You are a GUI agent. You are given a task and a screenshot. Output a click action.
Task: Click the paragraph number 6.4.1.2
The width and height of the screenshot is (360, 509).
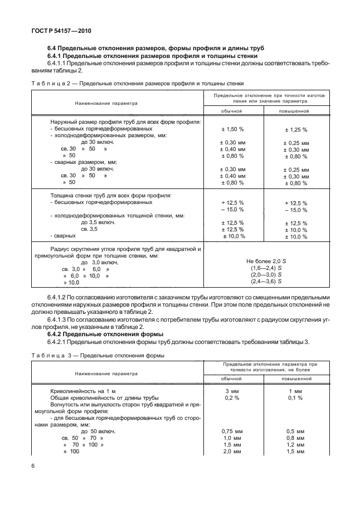[x=60, y=297]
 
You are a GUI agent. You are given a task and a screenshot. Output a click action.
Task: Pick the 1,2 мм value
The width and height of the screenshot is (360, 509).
[x=296, y=444]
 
